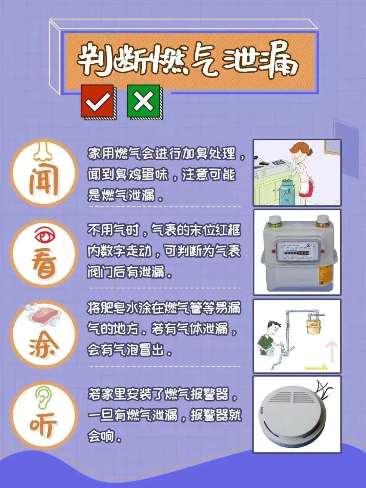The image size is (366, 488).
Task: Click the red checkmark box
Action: click(97, 101)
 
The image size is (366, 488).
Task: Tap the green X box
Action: click(144, 101)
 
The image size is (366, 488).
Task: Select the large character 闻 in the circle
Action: click(43, 183)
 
